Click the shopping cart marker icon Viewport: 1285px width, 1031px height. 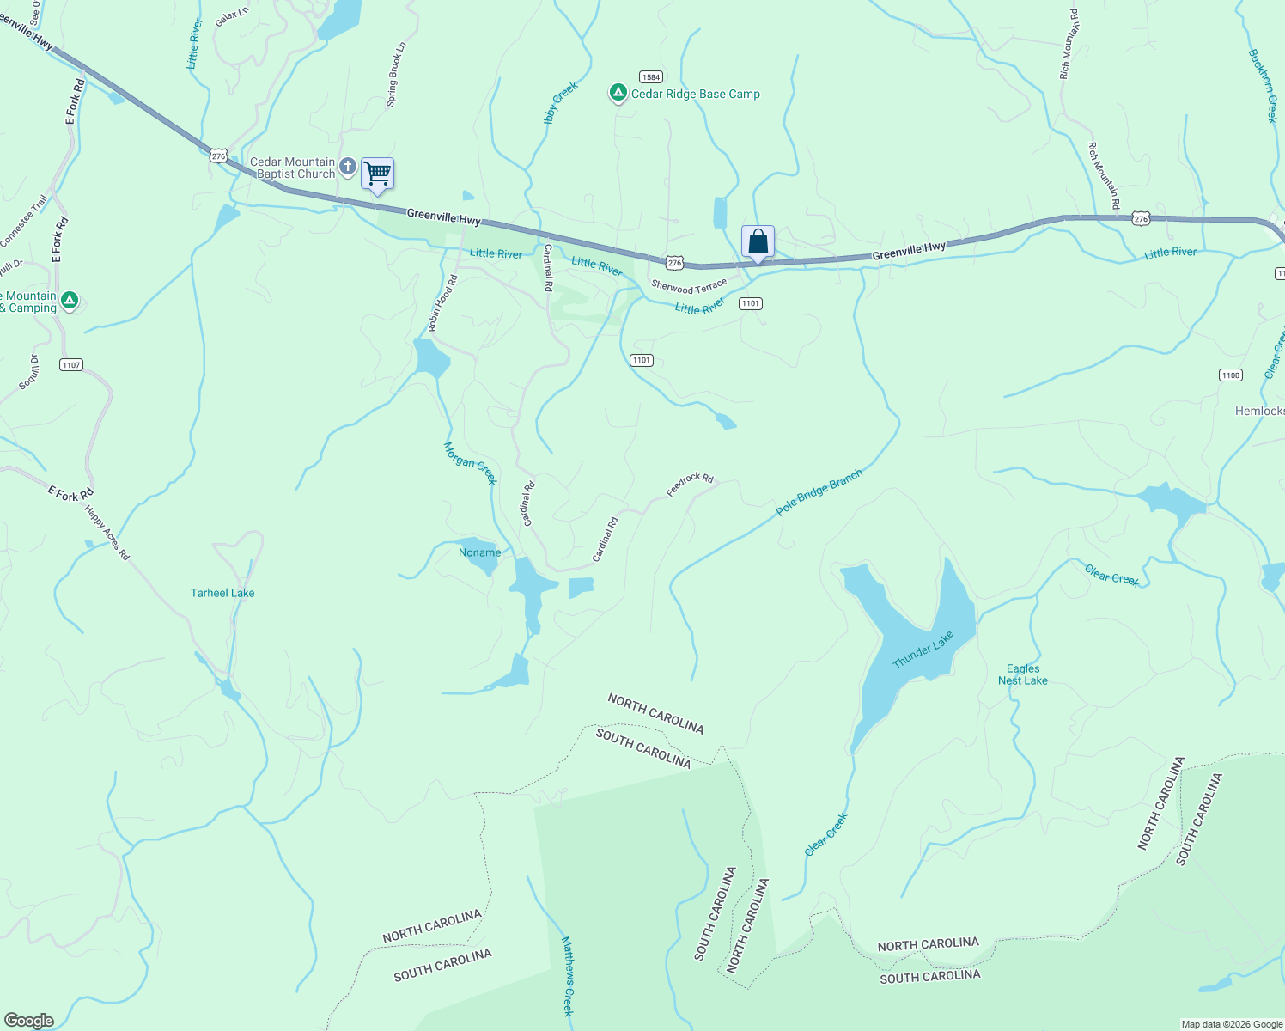377,174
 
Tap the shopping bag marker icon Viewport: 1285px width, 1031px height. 758,241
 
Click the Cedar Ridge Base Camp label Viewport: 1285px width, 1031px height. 695,94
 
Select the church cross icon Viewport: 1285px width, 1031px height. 347,166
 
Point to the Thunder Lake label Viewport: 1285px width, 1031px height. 923,650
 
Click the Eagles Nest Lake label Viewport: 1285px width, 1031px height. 1023,674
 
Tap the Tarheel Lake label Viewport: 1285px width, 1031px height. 222,593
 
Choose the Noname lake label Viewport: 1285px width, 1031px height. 479,552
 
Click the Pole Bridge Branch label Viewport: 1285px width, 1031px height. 819,492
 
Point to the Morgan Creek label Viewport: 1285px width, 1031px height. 470,463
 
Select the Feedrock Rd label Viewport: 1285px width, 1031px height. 690,485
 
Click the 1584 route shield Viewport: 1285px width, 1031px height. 650,77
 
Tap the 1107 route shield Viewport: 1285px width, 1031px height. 71,365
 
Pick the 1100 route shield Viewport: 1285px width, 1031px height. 1230,375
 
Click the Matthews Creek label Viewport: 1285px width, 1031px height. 567,976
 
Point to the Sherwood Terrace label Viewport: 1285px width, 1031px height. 689,286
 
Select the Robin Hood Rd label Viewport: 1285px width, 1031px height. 442,303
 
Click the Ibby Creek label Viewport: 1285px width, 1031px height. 561,103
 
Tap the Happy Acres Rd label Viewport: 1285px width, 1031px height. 107,533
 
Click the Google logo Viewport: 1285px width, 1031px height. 28,1021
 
